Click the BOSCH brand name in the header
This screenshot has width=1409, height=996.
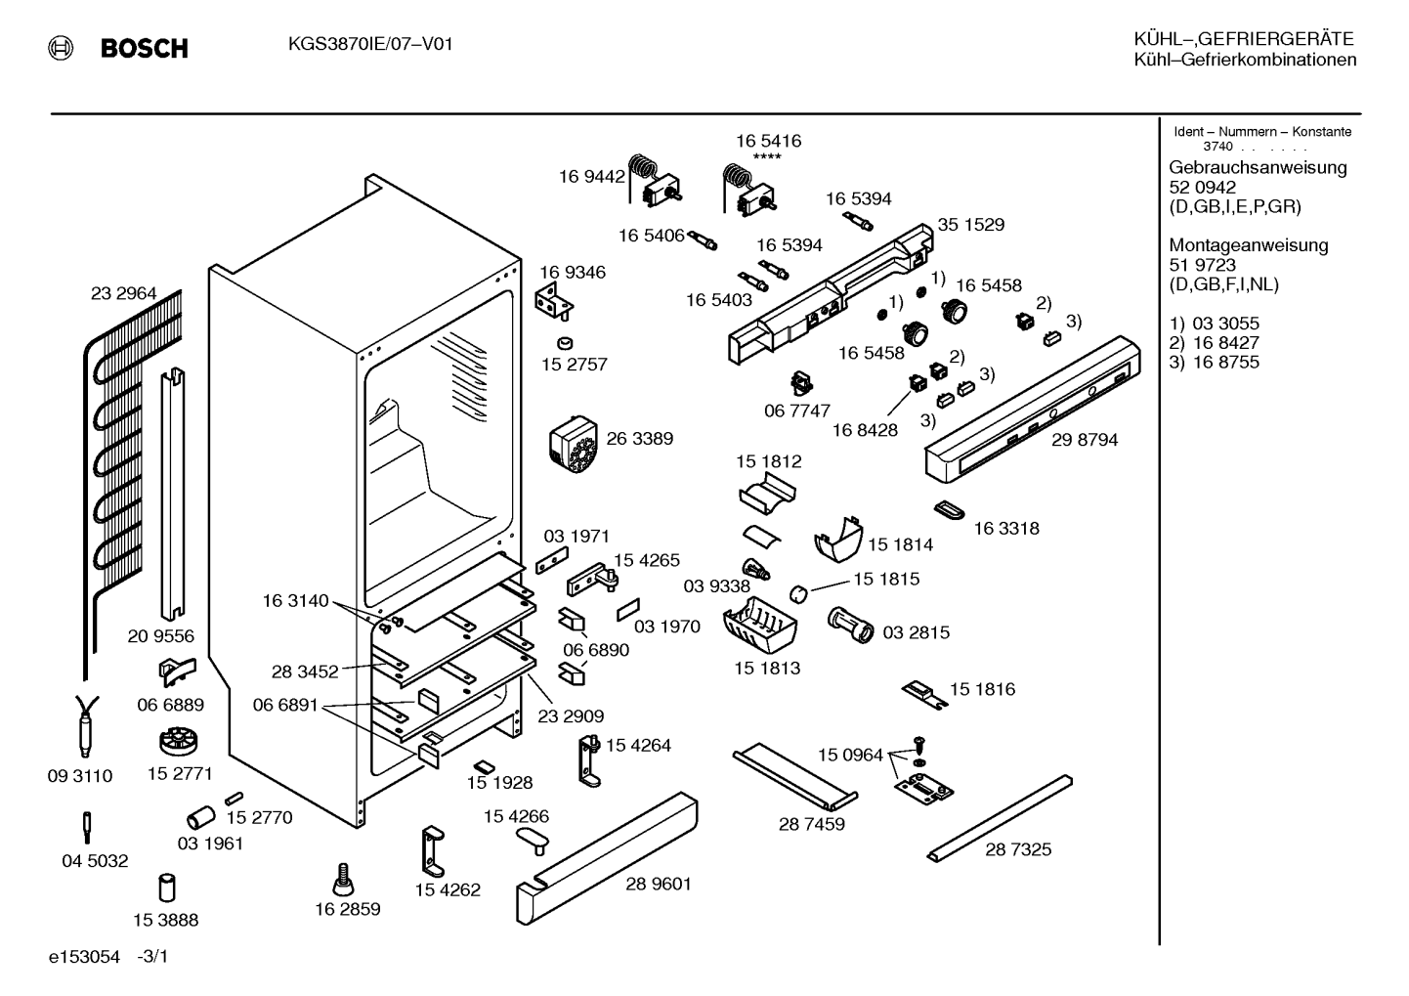click(x=144, y=49)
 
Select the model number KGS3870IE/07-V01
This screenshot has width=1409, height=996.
click(x=370, y=44)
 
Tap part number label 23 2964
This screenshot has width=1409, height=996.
click(x=123, y=293)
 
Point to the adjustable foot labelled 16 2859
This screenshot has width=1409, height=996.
click(x=343, y=880)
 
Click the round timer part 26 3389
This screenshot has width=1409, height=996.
click(x=573, y=444)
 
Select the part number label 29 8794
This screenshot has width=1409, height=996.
click(x=1085, y=439)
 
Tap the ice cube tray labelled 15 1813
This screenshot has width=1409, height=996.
click(x=759, y=627)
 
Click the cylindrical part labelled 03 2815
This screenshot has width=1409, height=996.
click(x=850, y=625)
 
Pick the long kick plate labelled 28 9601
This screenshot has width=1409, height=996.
click(x=607, y=857)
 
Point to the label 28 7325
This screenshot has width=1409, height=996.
click(x=1018, y=849)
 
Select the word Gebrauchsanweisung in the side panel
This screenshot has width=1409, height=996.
click(x=1259, y=168)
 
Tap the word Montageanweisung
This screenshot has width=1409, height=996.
click(x=1249, y=245)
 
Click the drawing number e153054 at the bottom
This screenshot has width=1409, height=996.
click(x=84, y=957)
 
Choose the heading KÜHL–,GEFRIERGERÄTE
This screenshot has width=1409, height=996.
click(x=1244, y=39)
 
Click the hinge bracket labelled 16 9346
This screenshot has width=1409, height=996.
click(x=553, y=301)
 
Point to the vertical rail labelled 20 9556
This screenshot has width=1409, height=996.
click(x=172, y=494)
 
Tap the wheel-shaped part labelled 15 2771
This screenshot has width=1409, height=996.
click(x=179, y=741)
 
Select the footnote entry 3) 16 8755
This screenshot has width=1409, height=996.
click(x=1214, y=363)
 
